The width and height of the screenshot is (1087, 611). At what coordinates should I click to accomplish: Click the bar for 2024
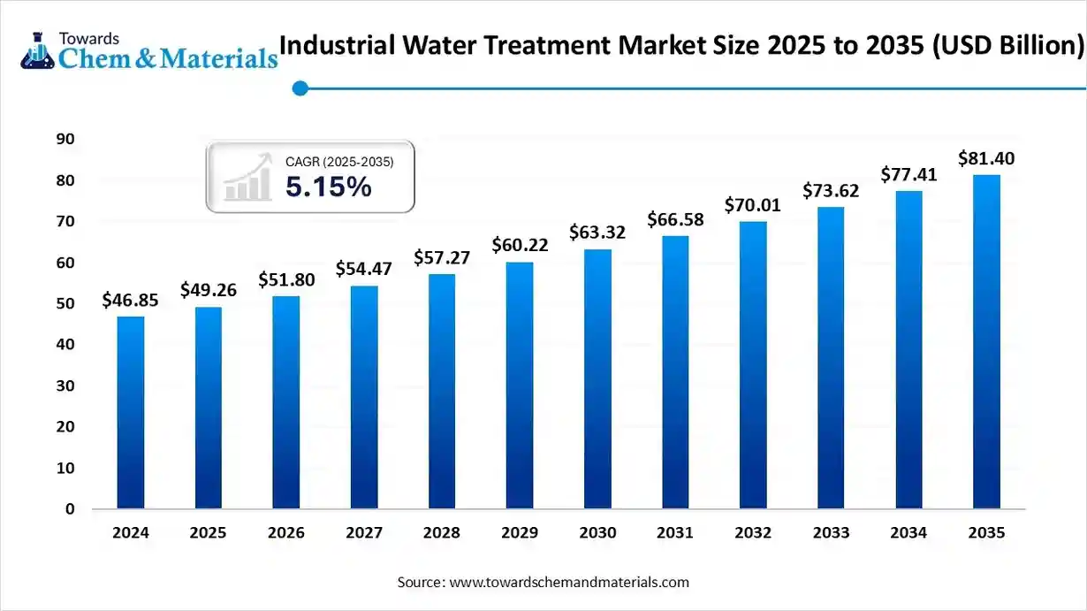pos(130,412)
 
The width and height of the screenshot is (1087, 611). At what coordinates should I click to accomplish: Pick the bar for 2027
pos(364,397)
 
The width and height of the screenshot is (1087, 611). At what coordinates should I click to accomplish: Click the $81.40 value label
pos(986,159)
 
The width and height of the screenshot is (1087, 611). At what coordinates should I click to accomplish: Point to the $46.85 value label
pos(130,301)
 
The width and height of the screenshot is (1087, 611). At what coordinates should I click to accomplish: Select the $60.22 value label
pos(520,246)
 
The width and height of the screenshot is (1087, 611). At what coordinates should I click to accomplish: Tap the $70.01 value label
pos(753,205)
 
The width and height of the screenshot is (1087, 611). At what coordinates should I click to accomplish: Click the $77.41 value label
pos(908,175)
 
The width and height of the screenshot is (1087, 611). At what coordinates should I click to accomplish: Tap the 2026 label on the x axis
pos(286,533)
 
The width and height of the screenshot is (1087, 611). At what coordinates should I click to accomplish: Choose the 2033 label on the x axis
pos(831,533)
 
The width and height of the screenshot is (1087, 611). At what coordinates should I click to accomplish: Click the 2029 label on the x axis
pos(520,533)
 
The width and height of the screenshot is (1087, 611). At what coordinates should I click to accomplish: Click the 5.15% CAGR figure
pos(328,187)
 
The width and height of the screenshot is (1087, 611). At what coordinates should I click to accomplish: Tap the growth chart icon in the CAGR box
pos(247,178)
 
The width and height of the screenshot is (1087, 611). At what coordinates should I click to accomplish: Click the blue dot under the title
pos(300,88)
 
